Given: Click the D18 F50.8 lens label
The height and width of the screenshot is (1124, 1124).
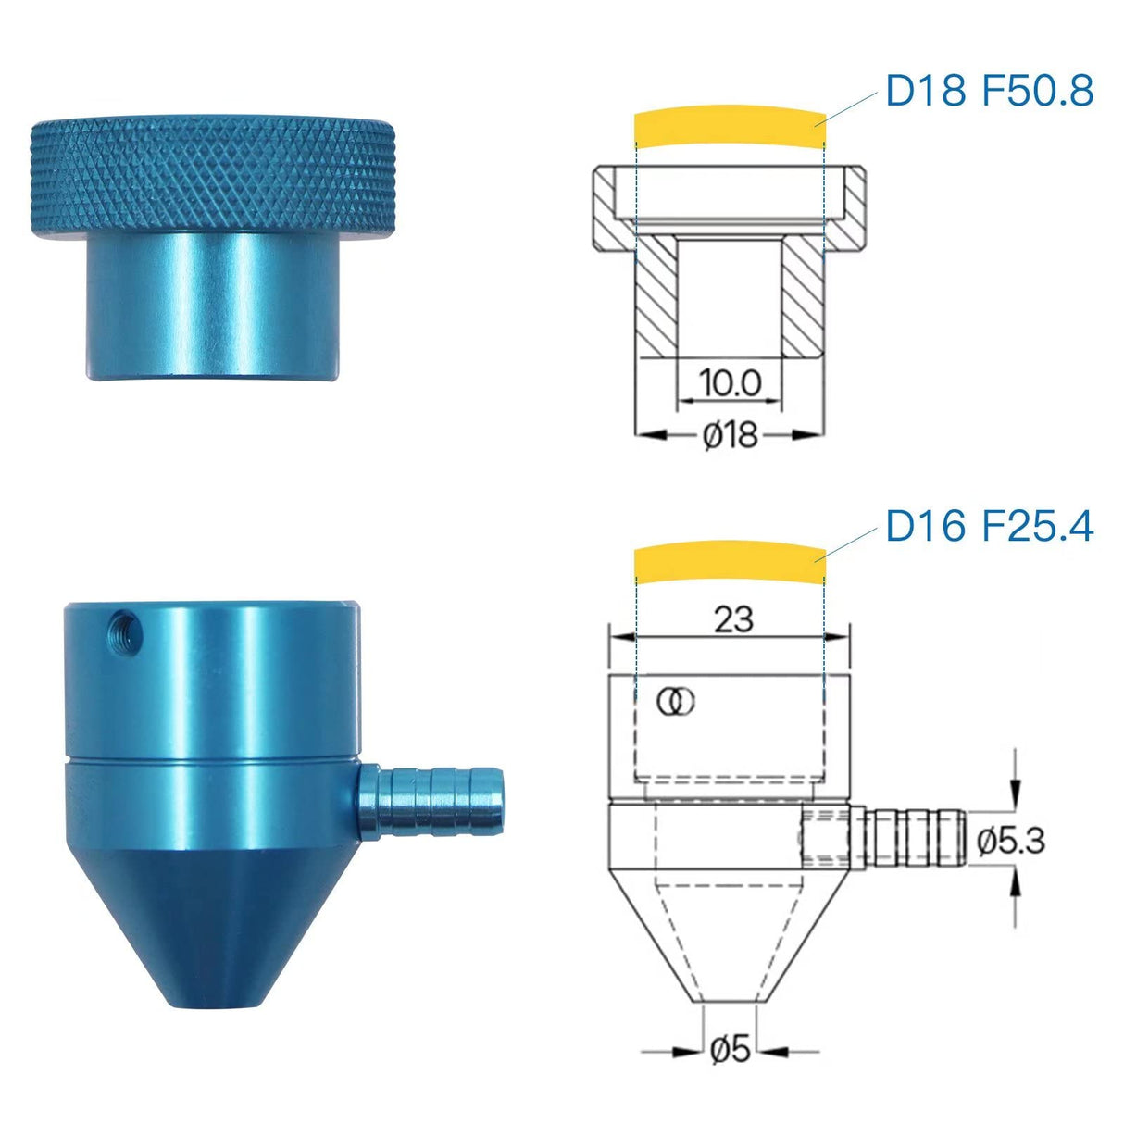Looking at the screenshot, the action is [989, 91].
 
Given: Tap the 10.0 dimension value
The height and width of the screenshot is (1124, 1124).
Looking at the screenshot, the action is [730, 383].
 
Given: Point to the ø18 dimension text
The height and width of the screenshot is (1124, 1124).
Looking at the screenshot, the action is [731, 435].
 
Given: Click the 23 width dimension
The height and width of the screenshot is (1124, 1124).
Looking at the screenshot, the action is [734, 619].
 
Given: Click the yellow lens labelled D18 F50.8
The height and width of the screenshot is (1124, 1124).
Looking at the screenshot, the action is [730, 124].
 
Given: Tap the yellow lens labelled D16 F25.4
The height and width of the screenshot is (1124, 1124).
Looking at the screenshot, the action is [730, 561].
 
